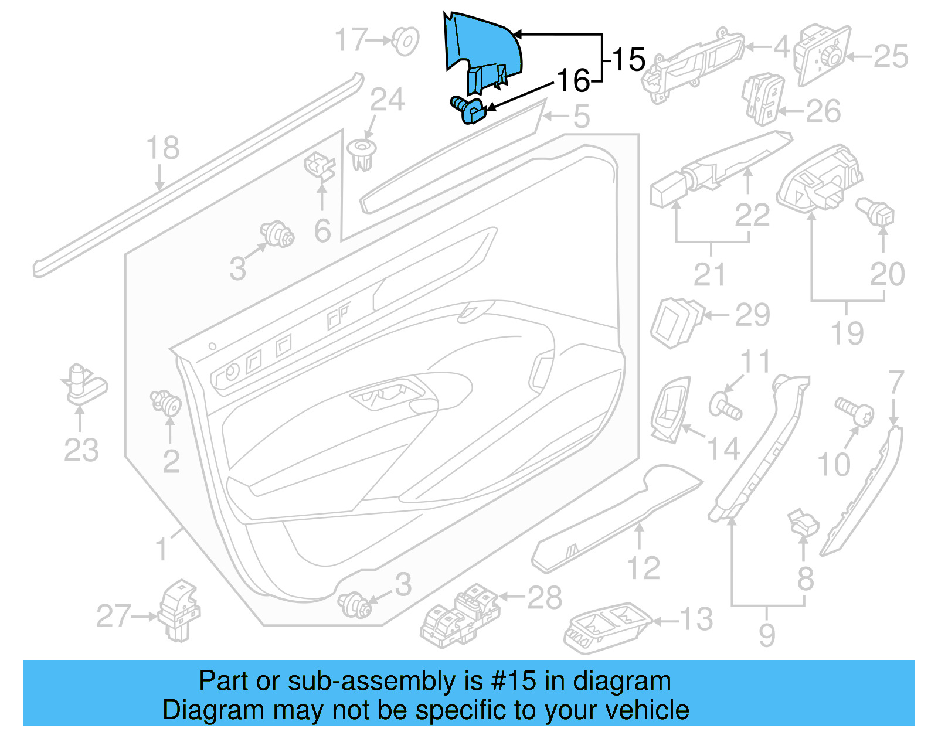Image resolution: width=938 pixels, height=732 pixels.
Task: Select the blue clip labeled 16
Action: pos(468,110)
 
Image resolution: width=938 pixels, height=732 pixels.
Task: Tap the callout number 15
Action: pos(629,60)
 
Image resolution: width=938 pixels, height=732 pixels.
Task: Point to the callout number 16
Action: pos(573,81)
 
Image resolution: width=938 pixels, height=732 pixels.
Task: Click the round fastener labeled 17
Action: pos(405,41)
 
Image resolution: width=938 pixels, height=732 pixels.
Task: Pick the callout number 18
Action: pos(162,148)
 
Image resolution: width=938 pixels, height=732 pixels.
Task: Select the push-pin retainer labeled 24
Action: pos(361,154)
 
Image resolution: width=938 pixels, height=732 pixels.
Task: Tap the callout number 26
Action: pos(824,111)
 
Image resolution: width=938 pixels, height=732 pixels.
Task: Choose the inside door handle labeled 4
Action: pos(692,64)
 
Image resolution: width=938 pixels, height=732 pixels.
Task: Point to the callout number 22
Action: pos(752,215)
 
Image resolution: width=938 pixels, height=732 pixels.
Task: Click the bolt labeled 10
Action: pos(853,411)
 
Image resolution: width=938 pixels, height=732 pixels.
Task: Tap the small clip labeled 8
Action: pos(803,522)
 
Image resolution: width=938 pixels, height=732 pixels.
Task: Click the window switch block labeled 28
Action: pos(460,614)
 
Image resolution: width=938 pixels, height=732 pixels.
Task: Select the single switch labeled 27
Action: pos(179,611)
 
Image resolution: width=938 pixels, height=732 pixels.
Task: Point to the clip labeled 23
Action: pos(82,384)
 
